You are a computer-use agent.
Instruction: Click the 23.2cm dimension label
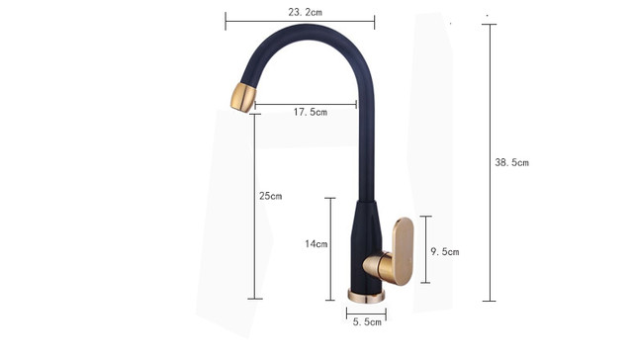pyautogui.click(x=306, y=12)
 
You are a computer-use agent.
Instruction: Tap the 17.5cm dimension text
pyautogui.click(x=310, y=112)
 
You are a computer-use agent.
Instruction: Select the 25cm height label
pyautogui.click(x=270, y=196)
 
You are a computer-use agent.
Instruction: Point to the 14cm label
pyautogui.click(x=316, y=243)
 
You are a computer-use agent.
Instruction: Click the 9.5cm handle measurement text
pyautogui.click(x=445, y=252)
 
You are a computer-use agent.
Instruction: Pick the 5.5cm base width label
pyautogui.click(x=367, y=322)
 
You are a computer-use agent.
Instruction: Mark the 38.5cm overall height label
pyautogui.click(x=512, y=162)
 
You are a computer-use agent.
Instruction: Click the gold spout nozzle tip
pyautogui.click(x=243, y=97)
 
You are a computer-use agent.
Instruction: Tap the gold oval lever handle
pyautogui.click(x=403, y=251)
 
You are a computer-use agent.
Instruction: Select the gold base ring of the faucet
pyautogui.click(x=366, y=296)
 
